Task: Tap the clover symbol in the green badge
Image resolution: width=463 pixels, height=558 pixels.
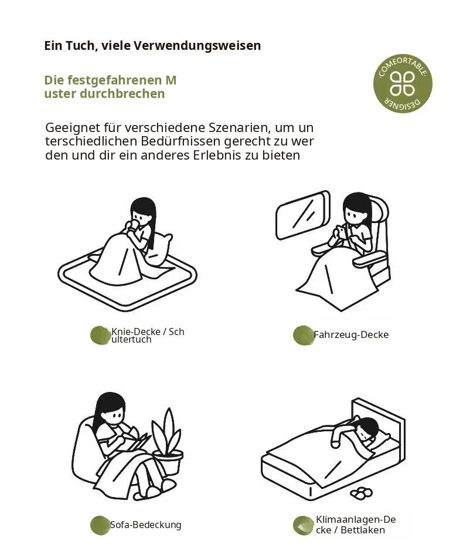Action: tap(402, 84)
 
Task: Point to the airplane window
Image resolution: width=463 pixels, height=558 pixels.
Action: tap(303, 215)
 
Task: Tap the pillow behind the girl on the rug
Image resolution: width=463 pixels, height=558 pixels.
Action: tap(160, 249)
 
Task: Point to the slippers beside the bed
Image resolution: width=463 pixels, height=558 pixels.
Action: tap(361, 493)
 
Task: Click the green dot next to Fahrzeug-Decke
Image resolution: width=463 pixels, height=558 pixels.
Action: tap(304, 335)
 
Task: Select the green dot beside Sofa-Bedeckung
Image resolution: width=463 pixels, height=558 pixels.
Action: tap(100, 525)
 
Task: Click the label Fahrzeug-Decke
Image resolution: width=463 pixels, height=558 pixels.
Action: tap(351, 335)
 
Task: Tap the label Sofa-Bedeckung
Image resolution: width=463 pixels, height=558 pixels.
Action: tap(146, 525)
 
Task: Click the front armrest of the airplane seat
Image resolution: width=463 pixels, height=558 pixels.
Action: tap(370, 259)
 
